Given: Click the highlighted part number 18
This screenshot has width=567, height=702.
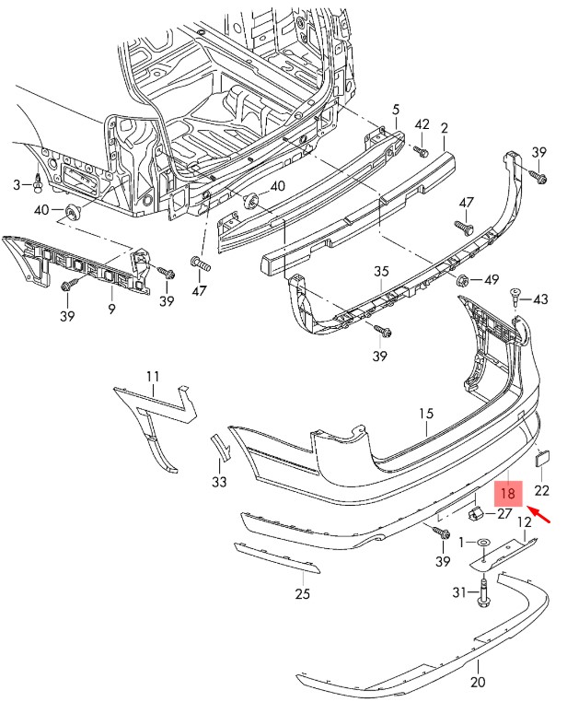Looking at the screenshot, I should point(509,493).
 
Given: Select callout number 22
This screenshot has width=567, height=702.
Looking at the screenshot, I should point(541,489).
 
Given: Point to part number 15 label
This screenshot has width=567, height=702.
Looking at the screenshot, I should point(426,415).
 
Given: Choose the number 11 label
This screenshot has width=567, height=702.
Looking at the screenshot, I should point(152,375).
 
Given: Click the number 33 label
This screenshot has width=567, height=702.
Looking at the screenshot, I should point(218,481).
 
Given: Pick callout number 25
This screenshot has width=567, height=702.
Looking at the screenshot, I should point(302,594).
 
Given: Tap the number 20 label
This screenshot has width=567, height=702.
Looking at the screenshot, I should point(477,683).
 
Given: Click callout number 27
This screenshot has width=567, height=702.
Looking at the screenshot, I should point(505,515).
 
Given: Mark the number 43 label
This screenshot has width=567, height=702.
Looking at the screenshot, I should point(539,299).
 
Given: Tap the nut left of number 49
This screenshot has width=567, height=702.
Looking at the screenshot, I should point(464,279).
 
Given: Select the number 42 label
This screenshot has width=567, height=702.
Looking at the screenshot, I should point(422,124).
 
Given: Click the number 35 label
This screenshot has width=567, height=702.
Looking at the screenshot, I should point(382,272).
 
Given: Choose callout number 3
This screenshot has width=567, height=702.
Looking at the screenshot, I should point(16,185).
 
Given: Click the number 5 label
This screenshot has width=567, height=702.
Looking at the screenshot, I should point(396,109).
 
